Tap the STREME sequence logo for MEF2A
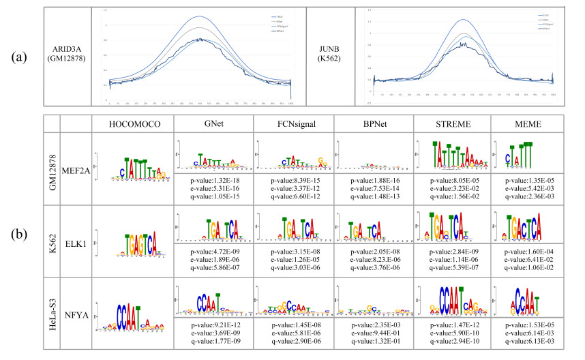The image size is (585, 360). point(452,156)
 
